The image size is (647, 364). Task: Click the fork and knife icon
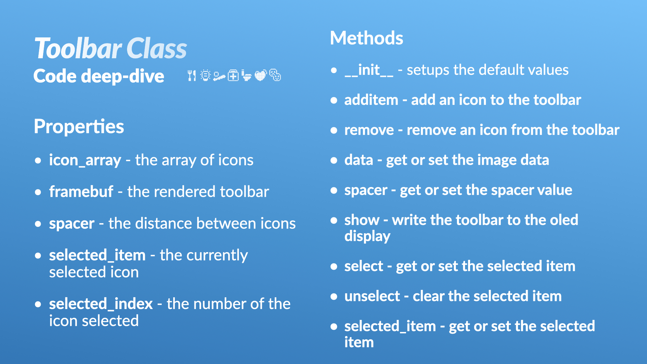pyautogui.click(x=192, y=75)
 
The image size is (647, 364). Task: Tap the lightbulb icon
pyautogui.click(x=206, y=75)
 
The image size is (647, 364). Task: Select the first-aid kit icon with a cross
pyautogui.click(x=233, y=75)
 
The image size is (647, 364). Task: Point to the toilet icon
pyautogui.click(x=246, y=75)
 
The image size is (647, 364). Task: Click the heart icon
pyautogui.click(x=260, y=75)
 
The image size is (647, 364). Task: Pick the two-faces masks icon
pyautogui.click(x=275, y=75)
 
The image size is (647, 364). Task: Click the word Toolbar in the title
pyautogui.click(x=78, y=49)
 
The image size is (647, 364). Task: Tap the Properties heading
pyautogui.click(x=79, y=127)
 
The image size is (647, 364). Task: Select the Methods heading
pyautogui.click(x=367, y=38)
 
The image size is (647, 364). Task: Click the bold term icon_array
pyautogui.click(x=85, y=160)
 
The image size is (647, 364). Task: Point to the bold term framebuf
pyautogui.click(x=81, y=191)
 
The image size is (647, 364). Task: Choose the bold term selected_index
pyautogui.click(x=101, y=304)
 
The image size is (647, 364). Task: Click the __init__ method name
pyautogui.click(x=369, y=70)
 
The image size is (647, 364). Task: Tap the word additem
pyautogui.click(x=371, y=100)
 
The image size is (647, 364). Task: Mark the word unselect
pyautogui.click(x=372, y=296)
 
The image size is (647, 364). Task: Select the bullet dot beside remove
pyautogui.click(x=334, y=130)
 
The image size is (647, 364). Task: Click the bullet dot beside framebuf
pyautogui.click(x=38, y=192)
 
